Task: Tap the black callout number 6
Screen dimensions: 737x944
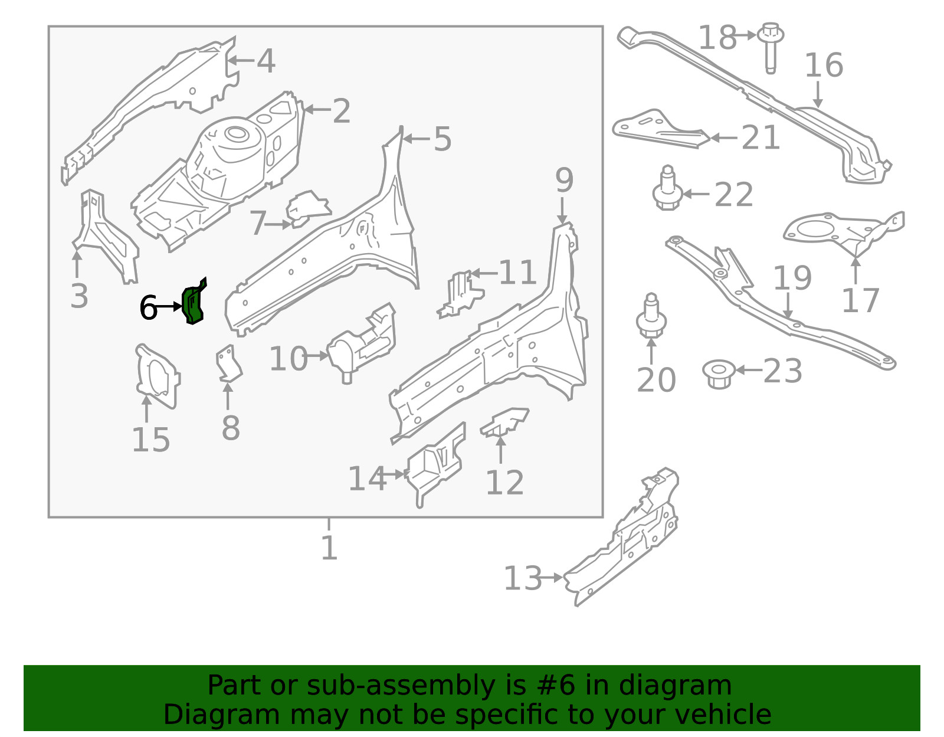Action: pyautogui.click(x=148, y=308)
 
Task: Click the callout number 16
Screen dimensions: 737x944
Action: pyautogui.click(x=824, y=65)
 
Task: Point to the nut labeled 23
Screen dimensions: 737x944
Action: pyautogui.click(x=719, y=374)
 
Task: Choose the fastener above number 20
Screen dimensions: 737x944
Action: pyautogui.click(x=651, y=317)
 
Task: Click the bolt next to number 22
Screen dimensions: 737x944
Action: pyautogui.click(x=667, y=190)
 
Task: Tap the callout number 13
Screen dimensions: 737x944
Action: pyautogui.click(x=522, y=578)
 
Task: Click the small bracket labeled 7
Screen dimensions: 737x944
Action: pyautogui.click(x=307, y=208)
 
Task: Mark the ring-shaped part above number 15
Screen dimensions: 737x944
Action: pyautogui.click(x=156, y=375)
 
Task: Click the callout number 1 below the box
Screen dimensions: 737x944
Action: pyautogui.click(x=329, y=548)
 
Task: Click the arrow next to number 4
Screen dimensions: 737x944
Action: pyautogui.click(x=240, y=60)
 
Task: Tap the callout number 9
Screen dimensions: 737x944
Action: pyautogui.click(x=564, y=181)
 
